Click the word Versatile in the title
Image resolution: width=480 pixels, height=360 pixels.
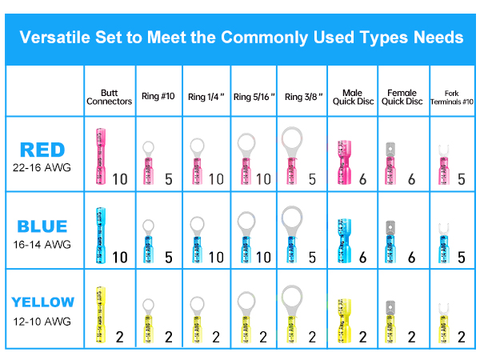[55, 38]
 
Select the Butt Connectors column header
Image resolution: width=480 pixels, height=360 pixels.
[110, 97]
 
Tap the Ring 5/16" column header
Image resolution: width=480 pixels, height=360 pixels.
[254, 97]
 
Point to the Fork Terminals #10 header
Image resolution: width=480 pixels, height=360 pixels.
[452, 98]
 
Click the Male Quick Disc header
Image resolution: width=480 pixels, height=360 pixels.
[353, 97]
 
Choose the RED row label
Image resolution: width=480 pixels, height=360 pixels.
[42, 150]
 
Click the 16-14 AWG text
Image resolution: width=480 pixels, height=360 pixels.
[42, 244]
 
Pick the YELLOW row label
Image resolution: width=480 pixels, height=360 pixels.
[43, 302]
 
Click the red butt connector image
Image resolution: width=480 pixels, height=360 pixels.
[101, 156]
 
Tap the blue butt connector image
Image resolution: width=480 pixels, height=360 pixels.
[101, 235]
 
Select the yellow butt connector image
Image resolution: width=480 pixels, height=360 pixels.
[101, 314]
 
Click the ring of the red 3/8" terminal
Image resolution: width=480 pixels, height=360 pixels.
[292, 138]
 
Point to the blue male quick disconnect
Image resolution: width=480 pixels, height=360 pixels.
[344, 241]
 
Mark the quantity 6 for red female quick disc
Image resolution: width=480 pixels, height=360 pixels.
[412, 179]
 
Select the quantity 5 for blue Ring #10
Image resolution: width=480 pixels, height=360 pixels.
[169, 258]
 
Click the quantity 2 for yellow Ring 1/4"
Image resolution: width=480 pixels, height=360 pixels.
[216, 337]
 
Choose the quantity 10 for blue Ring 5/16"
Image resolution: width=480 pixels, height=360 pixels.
[263, 258]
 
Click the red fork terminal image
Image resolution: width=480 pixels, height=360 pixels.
[443, 165]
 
